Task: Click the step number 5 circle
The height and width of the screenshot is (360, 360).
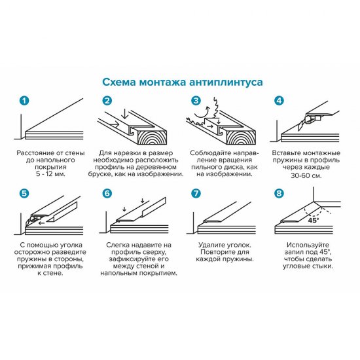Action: click(x=25, y=193)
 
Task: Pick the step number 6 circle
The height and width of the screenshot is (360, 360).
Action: click(x=108, y=193)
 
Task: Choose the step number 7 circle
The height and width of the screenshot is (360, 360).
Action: click(x=196, y=193)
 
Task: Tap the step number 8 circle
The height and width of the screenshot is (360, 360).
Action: click(x=279, y=193)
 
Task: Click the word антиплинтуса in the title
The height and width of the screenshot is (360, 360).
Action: click(x=225, y=83)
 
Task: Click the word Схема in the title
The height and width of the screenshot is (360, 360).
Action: click(x=119, y=83)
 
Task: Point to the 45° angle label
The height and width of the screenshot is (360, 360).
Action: click(x=315, y=220)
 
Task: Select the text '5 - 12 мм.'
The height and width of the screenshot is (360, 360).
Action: click(x=50, y=174)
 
